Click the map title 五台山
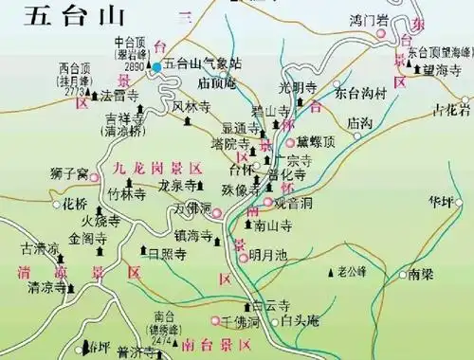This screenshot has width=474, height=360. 50,16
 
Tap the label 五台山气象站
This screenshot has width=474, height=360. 203,63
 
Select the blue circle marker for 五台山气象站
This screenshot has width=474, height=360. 157,68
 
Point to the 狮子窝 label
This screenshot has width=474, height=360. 69,173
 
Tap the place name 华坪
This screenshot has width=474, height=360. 441,202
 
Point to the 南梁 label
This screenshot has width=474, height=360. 422,276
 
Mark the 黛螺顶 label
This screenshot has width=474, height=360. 316,141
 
